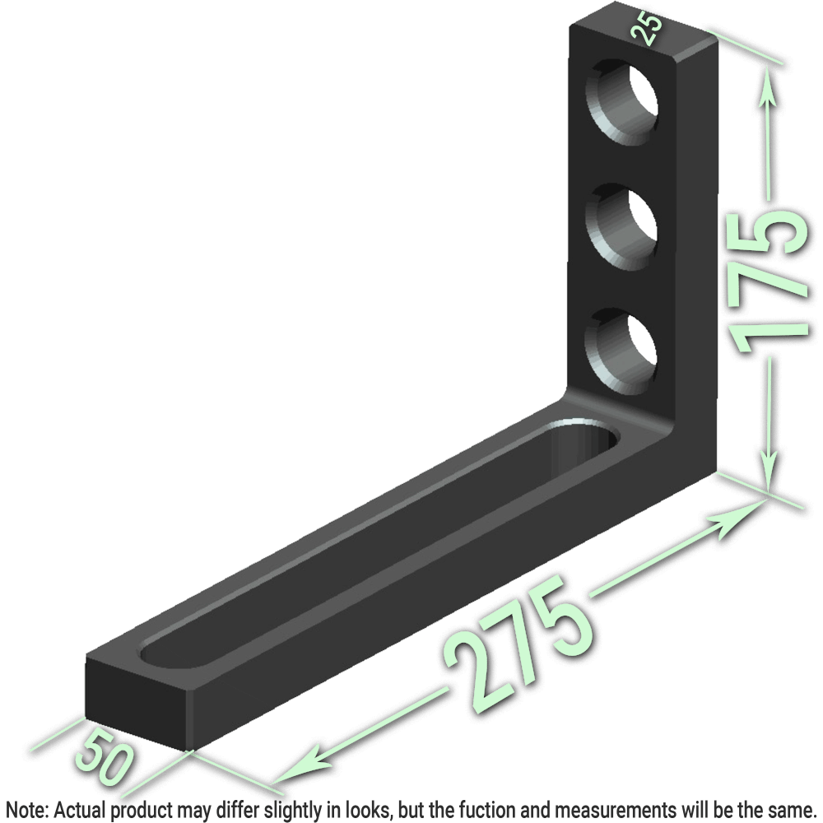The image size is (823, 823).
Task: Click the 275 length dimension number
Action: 518,638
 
